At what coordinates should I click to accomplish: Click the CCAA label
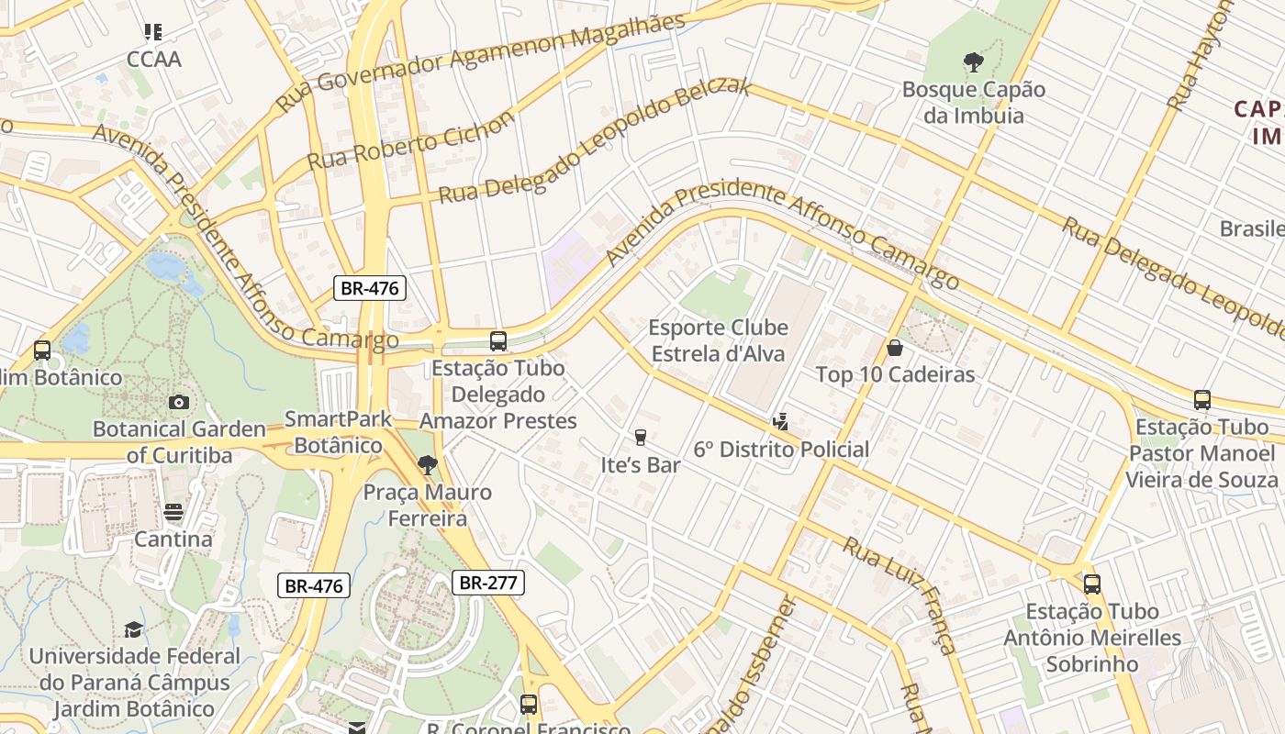[154, 60]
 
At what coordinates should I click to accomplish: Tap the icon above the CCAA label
[153, 32]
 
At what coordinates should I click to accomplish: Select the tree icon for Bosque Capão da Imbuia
[974, 62]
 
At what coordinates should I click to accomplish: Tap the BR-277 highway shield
[487, 582]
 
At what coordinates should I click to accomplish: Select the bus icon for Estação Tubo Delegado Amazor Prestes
[498, 341]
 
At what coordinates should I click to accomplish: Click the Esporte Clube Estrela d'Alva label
[718, 340]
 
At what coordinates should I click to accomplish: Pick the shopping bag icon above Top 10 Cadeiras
[895, 348]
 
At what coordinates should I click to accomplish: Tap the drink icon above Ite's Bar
[641, 438]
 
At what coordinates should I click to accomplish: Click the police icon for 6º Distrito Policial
[780, 422]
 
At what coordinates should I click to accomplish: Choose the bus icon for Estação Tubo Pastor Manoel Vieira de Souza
[1202, 400]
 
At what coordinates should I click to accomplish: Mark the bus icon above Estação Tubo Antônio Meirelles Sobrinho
[1092, 584]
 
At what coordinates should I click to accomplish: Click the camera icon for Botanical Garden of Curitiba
[179, 402]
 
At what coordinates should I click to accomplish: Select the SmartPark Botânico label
[338, 432]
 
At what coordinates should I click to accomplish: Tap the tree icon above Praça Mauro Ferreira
[427, 465]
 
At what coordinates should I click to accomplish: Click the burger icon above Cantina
[173, 512]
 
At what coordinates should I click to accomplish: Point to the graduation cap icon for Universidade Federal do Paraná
[134, 629]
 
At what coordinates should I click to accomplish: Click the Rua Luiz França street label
[899, 595]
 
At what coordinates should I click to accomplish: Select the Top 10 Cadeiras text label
[895, 374]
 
